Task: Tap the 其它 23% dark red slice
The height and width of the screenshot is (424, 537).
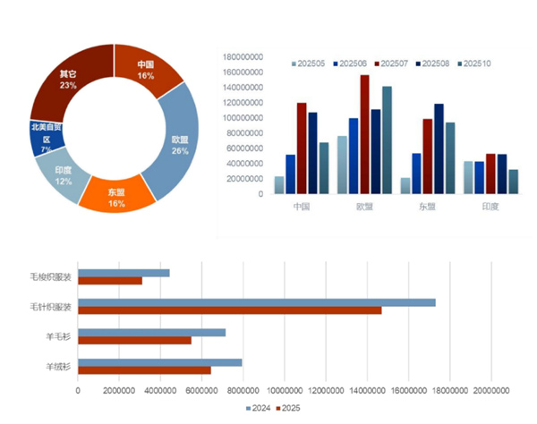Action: pos(67,78)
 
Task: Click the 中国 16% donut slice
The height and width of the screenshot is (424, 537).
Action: pos(146,70)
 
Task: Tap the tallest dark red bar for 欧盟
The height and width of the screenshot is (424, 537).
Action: pos(365,134)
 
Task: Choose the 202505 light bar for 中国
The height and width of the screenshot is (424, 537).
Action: pos(279,184)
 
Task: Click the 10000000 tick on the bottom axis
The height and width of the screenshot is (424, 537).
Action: pos(285,391)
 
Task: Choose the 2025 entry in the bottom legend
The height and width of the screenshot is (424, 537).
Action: pos(289,409)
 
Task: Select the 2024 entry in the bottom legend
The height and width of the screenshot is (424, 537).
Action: pos(258,409)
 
